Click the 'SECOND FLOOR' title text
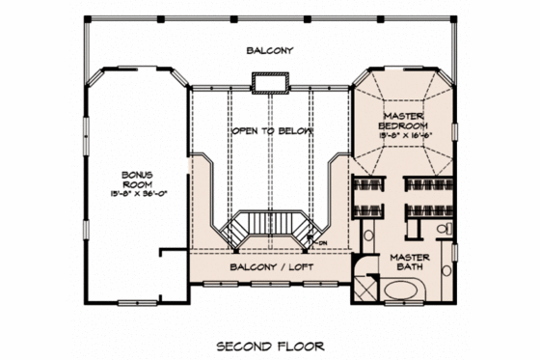tap(269, 345)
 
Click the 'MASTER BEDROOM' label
tap(402, 122)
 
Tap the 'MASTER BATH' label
tap(409, 263)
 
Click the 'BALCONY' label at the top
tap(269, 50)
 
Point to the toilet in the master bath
tap(443, 229)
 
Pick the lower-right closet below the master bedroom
tap(429, 209)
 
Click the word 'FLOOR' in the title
tap(300, 345)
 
